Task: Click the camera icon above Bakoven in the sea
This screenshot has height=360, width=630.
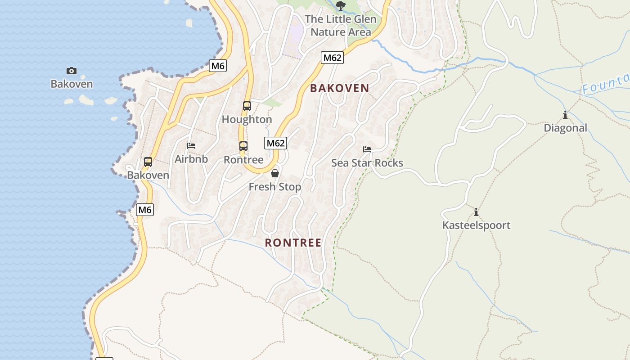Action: pyautogui.click(x=72, y=71)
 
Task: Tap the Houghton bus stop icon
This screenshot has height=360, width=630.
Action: pyautogui.click(x=247, y=106)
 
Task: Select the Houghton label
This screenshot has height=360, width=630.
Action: pyautogui.click(x=247, y=120)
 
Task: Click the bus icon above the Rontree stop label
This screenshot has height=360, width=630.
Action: pyautogui.click(x=243, y=146)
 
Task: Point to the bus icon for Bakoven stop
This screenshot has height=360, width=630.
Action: pyautogui.click(x=148, y=162)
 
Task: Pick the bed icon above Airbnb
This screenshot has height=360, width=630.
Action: pyautogui.click(x=191, y=146)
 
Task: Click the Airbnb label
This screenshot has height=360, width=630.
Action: pyautogui.click(x=191, y=159)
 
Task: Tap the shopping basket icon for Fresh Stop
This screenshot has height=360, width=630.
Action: pyautogui.click(x=275, y=173)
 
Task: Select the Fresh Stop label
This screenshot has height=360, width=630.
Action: pyautogui.click(x=275, y=187)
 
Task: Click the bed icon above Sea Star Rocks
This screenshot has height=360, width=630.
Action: pyautogui.click(x=367, y=149)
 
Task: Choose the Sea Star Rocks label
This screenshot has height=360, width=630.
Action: pyautogui.click(x=367, y=163)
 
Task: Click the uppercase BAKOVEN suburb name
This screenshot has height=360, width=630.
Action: pyautogui.click(x=340, y=88)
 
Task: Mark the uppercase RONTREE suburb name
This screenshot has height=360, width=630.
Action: pyautogui.click(x=293, y=243)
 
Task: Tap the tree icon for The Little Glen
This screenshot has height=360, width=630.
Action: pyautogui.click(x=341, y=6)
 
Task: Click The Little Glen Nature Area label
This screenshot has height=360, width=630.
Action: pyautogui.click(x=341, y=26)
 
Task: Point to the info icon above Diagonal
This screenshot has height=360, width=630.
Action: pyautogui.click(x=565, y=115)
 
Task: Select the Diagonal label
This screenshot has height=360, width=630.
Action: pyautogui.click(x=565, y=128)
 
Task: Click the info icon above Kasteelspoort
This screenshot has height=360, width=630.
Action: pyautogui.click(x=476, y=212)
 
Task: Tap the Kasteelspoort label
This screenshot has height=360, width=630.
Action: pyautogui.click(x=476, y=225)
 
